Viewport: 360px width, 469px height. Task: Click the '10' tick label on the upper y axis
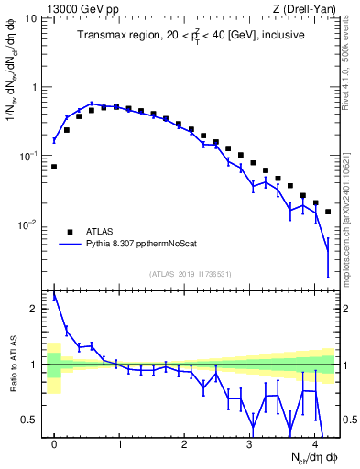pos(31,18)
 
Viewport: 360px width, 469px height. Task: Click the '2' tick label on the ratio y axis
pos(34,309)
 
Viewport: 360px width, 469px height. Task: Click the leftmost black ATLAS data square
pos(55,167)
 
